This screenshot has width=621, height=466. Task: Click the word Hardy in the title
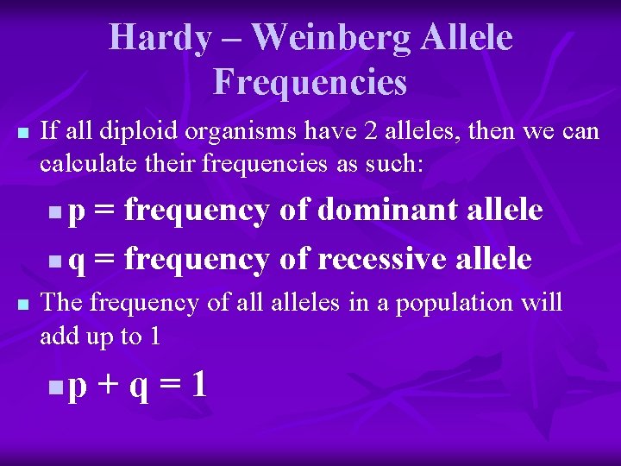point(160,38)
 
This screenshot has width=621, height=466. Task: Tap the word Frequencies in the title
point(310,83)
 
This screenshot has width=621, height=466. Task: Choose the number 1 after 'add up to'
point(154,336)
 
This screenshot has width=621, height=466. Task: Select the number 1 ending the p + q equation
point(199,383)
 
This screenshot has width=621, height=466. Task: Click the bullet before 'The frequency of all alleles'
point(23,305)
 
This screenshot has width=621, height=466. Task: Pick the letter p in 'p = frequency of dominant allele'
point(77,213)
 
